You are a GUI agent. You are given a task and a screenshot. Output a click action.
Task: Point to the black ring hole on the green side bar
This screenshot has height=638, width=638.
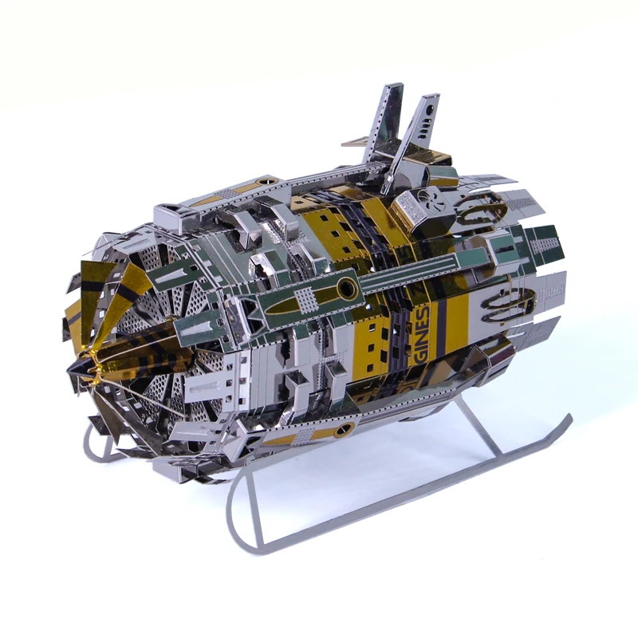348,289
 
